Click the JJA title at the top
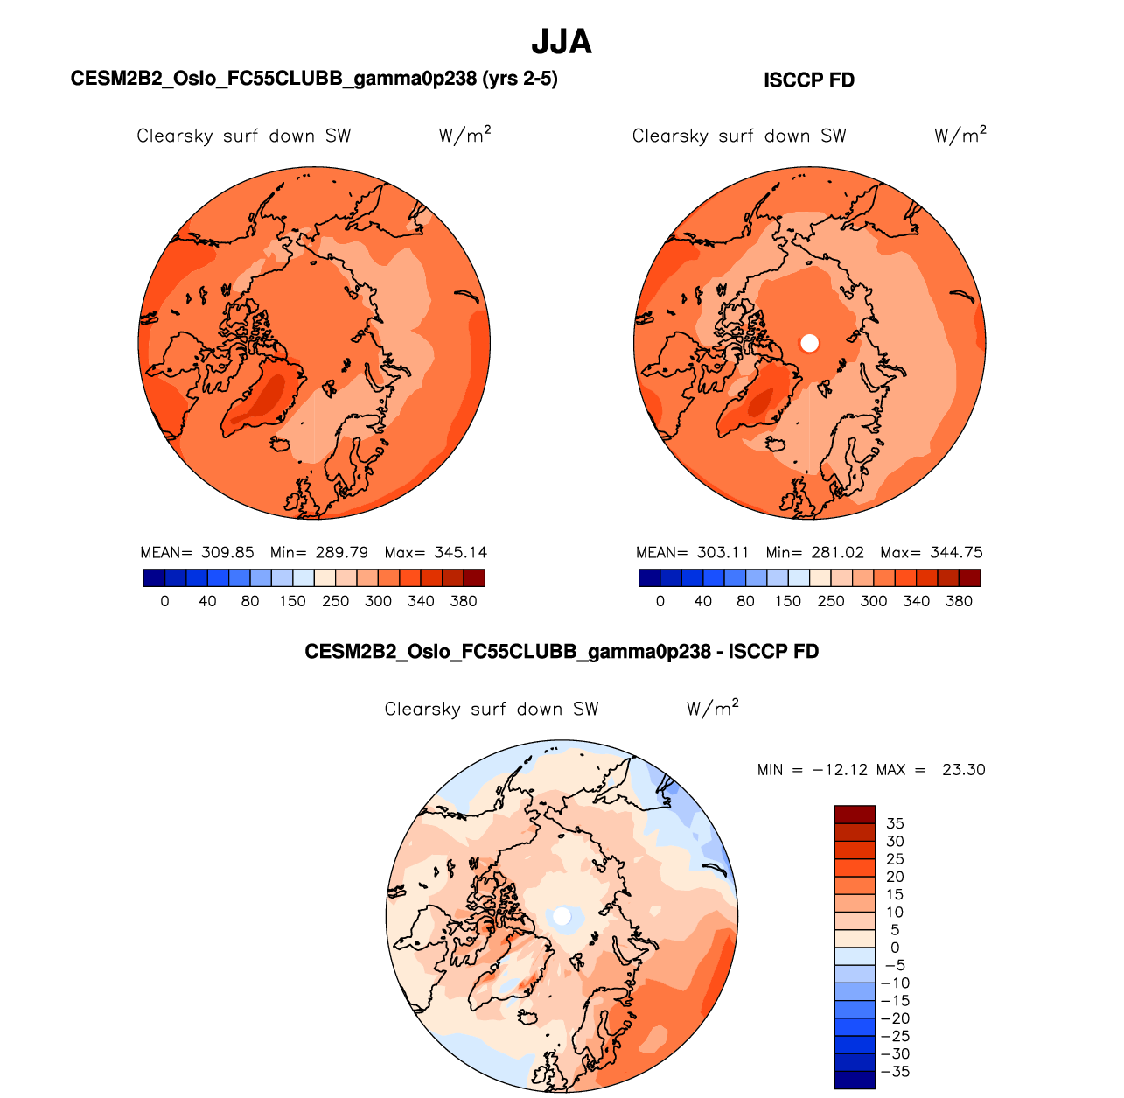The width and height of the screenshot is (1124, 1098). pyautogui.click(x=562, y=42)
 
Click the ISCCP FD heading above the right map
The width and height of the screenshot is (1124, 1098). pyautogui.click(x=809, y=80)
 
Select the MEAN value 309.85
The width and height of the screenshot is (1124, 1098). pyautogui.click(x=227, y=553)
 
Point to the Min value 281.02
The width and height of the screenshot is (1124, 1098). pyautogui.click(x=837, y=553)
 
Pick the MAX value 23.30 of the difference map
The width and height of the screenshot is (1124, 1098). pyautogui.click(x=963, y=770)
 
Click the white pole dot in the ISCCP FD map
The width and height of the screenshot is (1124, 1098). pyautogui.click(x=810, y=343)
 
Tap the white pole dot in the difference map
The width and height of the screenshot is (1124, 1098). pyautogui.click(x=562, y=916)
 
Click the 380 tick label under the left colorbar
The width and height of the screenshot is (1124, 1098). pyautogui.click(x=464, y=601)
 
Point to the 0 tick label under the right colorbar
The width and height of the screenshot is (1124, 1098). pyautogui.click(x=660, y=601)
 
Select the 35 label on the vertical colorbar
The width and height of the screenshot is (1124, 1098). pyautogui.click(x=895, y=823)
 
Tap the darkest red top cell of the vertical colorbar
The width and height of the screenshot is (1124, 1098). pyautogui.click(x=855, y=814)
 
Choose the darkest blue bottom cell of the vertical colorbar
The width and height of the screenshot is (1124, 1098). pyautogui.click(x=855, y=1081)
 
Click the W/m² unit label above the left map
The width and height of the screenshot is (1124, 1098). pyautogui.click(x=464, y=136)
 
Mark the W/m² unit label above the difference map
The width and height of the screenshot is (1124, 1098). pyautogui.click(x=712, y=709)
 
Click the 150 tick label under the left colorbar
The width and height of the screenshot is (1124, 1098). pyautogui.click(x=293, y=601)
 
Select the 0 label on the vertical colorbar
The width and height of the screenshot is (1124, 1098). pyautogui.click(x=895, y=948)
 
